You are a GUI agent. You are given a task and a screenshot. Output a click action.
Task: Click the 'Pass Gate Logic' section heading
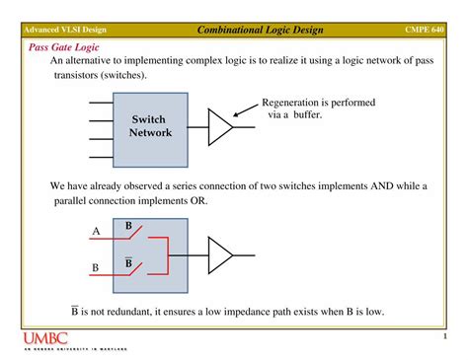click(x=63, y=46)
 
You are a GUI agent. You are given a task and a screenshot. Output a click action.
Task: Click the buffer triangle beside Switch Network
click(x=219, y=125)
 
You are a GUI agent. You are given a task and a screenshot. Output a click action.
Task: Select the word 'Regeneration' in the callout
click(x=290, y=102)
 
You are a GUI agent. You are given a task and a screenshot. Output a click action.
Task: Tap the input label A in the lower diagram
click(x=96, y=232)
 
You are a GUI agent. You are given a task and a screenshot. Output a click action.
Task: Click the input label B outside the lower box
click(x=96, y=267)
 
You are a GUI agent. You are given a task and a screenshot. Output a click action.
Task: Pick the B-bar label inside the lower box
click(x=128, y=263)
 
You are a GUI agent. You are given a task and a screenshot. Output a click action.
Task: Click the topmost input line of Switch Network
click(x=100, y=102)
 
